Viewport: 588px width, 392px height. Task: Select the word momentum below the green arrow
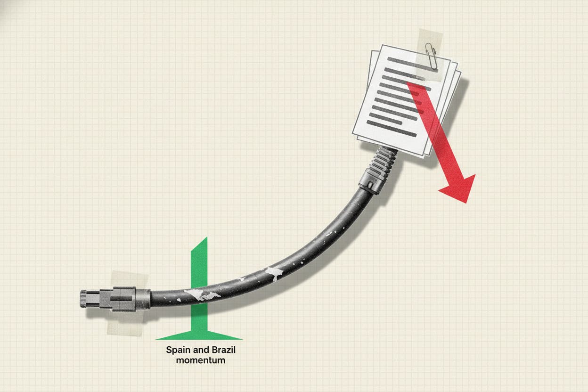point(201,360)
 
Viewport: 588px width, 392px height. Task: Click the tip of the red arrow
point(466,203)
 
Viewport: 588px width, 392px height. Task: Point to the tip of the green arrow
point(207,237)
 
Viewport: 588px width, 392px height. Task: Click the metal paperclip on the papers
point(431,56)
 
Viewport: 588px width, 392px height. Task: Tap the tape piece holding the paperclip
point(430,55)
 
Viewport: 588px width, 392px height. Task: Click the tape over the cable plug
point(127,303)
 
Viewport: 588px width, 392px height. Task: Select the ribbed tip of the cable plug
point(83,299)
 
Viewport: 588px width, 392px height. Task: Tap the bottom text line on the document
point(392,129)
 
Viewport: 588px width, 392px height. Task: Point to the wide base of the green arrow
point(199,335)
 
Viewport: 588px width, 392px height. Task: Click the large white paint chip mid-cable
point(275,273)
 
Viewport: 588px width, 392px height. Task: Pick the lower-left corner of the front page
point(352,133)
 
